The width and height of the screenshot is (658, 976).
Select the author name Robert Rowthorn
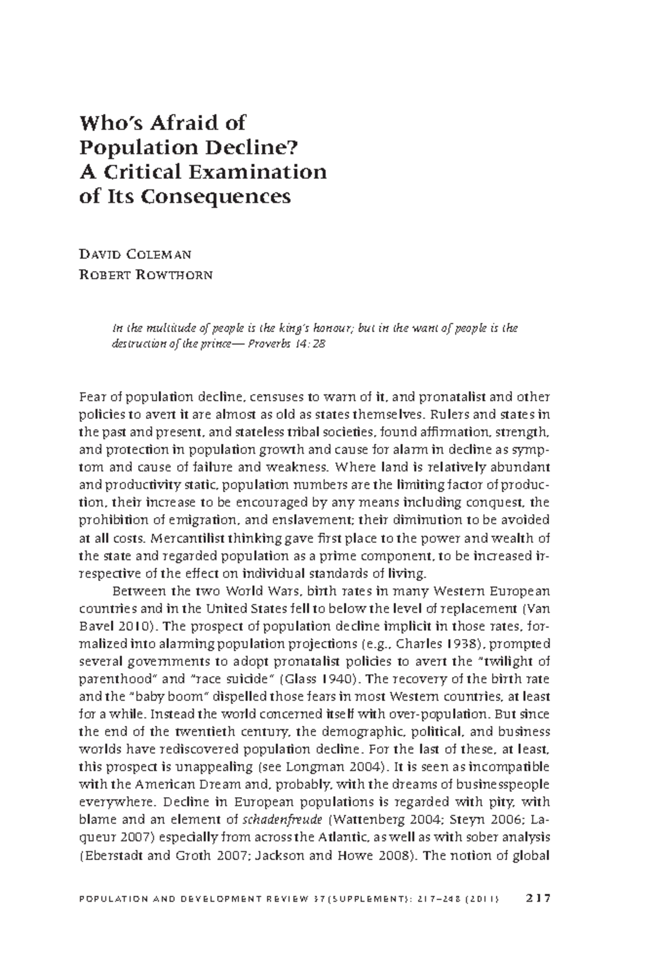click(146, 275)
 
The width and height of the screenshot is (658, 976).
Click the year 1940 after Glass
click(337, 679)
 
